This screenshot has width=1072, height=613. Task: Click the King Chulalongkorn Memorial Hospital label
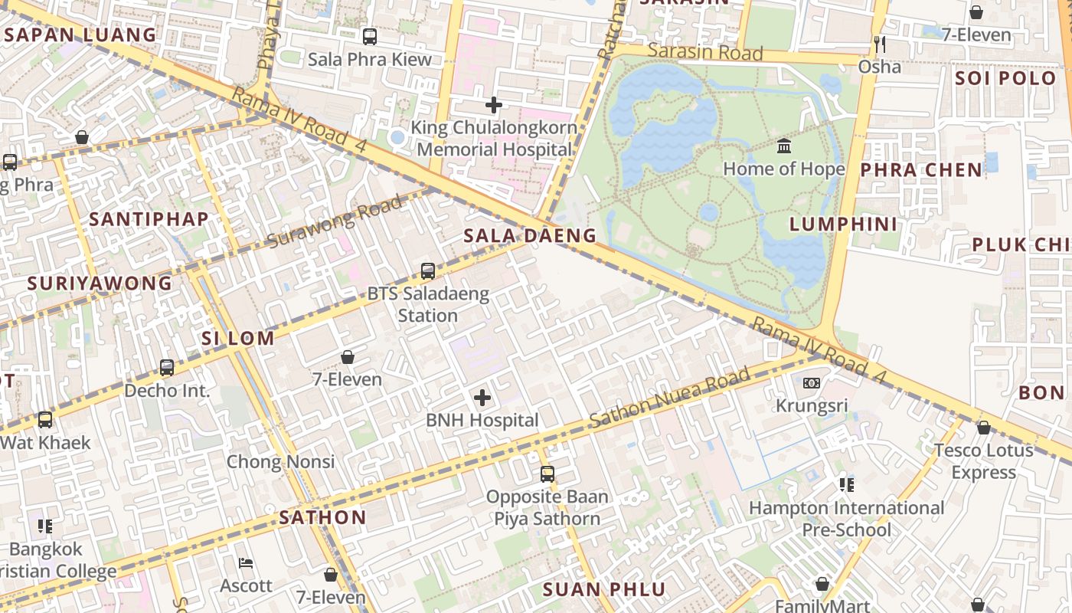[x=494, y=139]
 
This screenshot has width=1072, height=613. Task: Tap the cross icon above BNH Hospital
[x=482, y=397]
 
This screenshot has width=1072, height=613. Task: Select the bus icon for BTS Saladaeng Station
[x=428, y=270]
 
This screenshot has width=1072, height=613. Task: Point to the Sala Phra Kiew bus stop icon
[x=370, y=36]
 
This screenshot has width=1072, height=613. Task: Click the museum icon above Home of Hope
[x=784, y=146]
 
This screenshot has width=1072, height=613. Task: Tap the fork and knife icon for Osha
[x=879, y=44]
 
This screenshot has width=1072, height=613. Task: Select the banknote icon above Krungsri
[x=812, y=382]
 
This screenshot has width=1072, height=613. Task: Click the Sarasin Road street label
[x=705, y=52]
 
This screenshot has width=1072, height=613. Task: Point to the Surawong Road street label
[x=335, y=221]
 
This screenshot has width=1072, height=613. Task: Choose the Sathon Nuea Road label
[x=670, y=398]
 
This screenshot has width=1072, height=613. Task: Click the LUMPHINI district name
[x=843, y=224]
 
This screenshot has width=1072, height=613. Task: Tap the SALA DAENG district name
[x=530, y=235]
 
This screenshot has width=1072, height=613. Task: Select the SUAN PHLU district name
[x=604, y=589]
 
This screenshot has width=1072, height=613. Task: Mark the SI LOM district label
[x=238, y=338]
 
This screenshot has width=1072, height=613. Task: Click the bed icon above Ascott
[x=246, y=563]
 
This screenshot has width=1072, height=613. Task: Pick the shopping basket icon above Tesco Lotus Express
[x=984, y=428]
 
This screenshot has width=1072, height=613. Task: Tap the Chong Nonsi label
[x=280, y=461]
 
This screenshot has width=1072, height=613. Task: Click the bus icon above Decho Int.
[x=167, y=368]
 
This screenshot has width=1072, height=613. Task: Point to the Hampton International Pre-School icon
[x=846, y=484]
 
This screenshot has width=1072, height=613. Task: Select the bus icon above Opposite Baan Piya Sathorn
[x=547, y=474]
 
